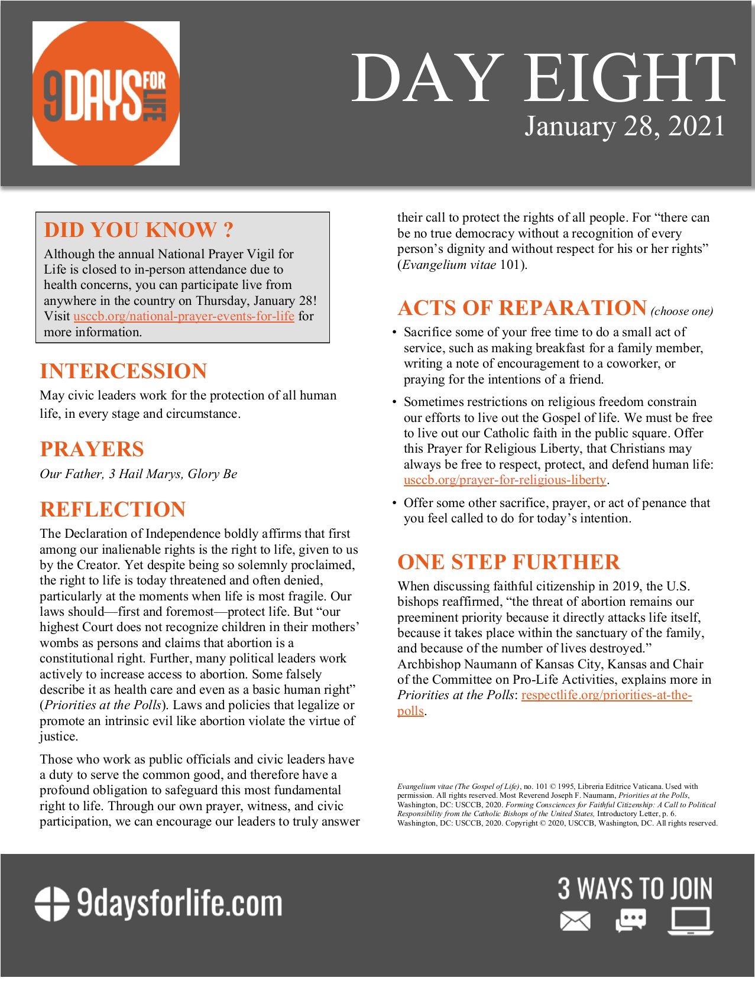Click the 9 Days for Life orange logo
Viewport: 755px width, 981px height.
[x=106, y=93]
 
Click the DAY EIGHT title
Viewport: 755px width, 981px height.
[x=543, y=78]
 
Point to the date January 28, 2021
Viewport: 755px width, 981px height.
[x=624, y=126]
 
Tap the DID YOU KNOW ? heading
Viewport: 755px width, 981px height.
[x=139, y=230]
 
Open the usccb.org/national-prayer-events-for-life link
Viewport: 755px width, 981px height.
[x=184, y=316]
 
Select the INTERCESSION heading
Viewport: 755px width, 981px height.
[x=124, y=371]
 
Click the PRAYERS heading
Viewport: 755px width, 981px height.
[x=92, y=449]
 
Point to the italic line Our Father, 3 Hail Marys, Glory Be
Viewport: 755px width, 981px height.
[x=138, y=474]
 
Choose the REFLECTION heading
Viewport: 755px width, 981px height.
[x=113, y=509]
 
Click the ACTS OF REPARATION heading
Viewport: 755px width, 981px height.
[x=522, y=308]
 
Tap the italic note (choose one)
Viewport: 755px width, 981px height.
[x=682, y=311]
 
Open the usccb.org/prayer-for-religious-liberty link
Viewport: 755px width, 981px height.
[x=505, y=480]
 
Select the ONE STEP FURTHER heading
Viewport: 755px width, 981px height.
[x=508, y=562]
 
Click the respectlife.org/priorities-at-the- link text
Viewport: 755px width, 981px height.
[x=606, y=695]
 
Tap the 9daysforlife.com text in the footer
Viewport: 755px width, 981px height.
[x=180, y=904]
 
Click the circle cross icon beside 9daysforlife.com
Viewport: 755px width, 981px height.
[x=52, y=904]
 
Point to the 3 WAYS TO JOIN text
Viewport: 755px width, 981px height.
[x=635, y=889]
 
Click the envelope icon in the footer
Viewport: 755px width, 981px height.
[x=575, y=921]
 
